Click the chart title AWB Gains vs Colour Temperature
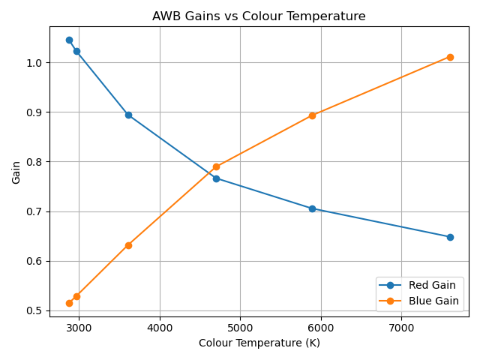pyautogui.click(x=259, y=16)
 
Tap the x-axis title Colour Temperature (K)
pyautogui.click(x=259, y=343)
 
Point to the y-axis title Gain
pyautogui.click(x=16, y=172)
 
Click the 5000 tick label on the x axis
pyautogui.click(x=240, y=327)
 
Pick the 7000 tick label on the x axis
pyautogui.click(x=401, y=327)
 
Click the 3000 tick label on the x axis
pyautogui.click(x=79, y=327)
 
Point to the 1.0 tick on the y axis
pyautogui.click(x=35, y=63)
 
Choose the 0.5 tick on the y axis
pyautogui.click(x=35, y=310)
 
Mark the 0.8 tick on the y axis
pyautogui.click(x=35, y=162)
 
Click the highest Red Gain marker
pyautogui.click(x=69, y=40)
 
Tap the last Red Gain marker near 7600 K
pyautogui.click(x=450, y=237)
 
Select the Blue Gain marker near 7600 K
pyautogui.click(x=450, y=57)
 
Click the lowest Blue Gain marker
pyautogui.click(x=69, y=303)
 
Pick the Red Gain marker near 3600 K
pyautogui.click(x=128, y=115)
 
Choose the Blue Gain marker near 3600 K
pyautogui.click(x=128, y=245)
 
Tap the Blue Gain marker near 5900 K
pyautogui.click(x=312, y=115)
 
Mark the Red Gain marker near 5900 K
pyautogui.click(x=312, y=208)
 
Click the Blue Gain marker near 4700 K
pyautogui.click(x=216, y=166)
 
